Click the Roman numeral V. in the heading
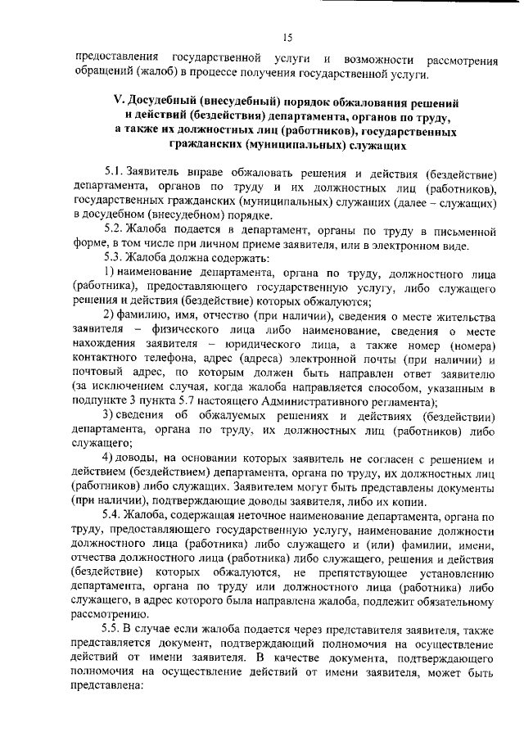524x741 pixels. point(118,102)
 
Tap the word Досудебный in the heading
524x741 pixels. point(160,102)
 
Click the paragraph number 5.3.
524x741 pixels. point(114,260)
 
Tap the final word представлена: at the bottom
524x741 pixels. point(109,688)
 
